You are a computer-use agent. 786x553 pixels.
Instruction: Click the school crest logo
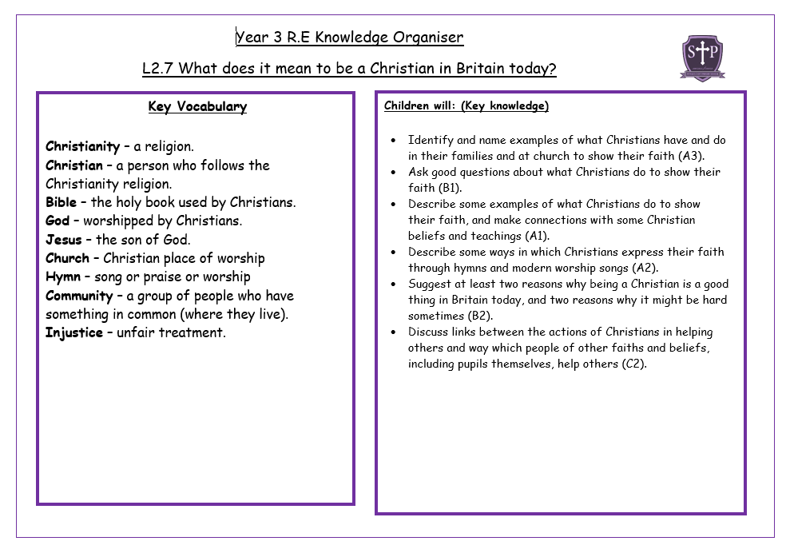tap(702, 57)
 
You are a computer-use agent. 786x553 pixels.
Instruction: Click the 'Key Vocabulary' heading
tap(197, 107)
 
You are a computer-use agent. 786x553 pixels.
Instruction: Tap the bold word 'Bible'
tap(61, 202)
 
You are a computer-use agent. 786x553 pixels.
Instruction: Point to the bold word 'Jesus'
tap(63, 240)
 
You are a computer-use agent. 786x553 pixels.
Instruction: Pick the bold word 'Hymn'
tap(63, 276)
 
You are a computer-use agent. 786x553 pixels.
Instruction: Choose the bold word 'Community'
tap(79, 296)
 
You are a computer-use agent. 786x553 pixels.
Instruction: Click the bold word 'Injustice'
tap(74, 332)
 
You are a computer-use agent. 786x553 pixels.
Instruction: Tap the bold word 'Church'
tap(67, 258)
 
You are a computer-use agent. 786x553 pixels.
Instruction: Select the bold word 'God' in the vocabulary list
tap(58, 221)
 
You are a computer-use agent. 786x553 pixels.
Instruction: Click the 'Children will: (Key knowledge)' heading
tap(466, 105)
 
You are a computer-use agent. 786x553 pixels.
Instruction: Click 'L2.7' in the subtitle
tap(158, 68)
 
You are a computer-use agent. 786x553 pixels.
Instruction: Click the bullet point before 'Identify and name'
tap(393, 140)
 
